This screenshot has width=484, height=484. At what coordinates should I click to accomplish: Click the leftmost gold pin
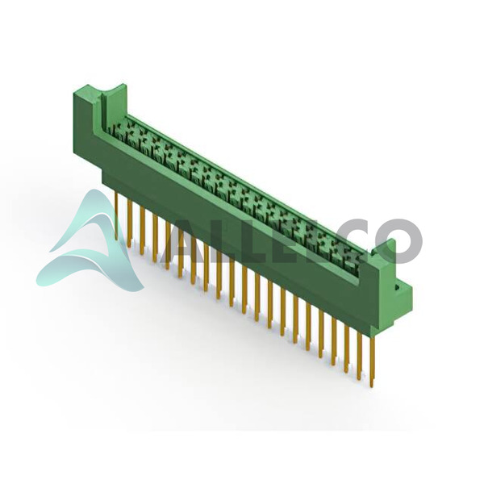(116, 215)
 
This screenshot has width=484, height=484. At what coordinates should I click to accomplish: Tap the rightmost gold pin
(373, 361)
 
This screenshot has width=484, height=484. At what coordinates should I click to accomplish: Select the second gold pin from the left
(130, 223)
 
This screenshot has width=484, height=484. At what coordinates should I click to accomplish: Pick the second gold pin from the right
(360, 356)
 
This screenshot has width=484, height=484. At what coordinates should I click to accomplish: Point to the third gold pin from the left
(142, 231)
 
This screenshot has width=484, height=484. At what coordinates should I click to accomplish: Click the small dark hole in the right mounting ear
(397, 288)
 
